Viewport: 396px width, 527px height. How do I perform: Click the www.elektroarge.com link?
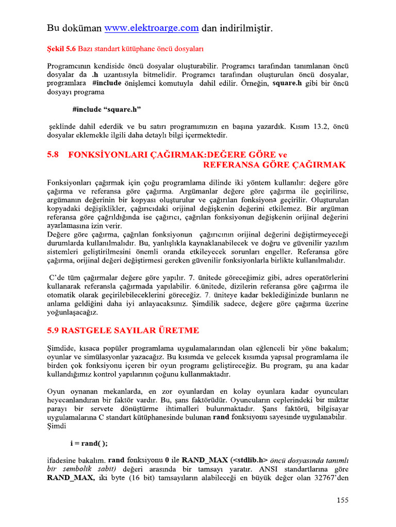[152, 28]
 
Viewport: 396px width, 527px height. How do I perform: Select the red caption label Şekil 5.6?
[61, 49]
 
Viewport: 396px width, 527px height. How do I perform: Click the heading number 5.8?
[54, 155]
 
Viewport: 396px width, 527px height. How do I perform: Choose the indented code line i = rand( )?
[89, 444]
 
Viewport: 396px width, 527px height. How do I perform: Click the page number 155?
[343, 500]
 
